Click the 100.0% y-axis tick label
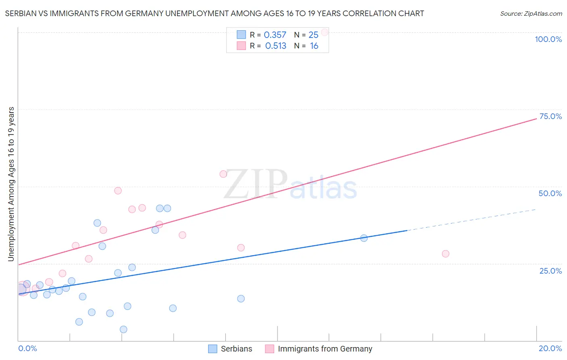[548, 39]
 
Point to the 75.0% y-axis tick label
[550, 116]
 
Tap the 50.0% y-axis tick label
[550, 193]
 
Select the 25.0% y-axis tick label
[550, 270]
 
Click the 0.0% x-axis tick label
[27, 348]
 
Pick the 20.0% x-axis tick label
[550, 348]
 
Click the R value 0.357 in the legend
[275, 35]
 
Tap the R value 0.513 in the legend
[276, 46]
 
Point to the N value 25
[313, 35]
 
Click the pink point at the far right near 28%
[445, 254]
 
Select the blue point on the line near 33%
[364, 238]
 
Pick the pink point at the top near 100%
[324, 32]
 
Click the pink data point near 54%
[223, 174]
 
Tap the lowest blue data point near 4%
[123, 329]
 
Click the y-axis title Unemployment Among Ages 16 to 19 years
[11, 184]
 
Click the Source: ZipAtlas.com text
[531, 14]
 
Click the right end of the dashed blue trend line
[536, 209]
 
